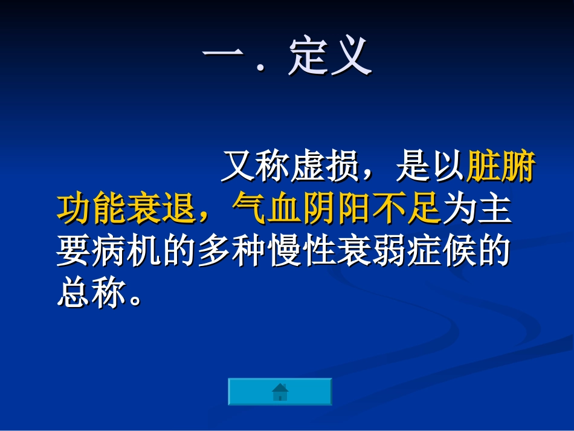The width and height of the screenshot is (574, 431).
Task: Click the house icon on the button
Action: pos(280,392)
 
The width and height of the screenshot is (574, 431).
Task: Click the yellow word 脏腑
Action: pos(501,166)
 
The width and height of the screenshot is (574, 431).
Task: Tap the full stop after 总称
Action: pos(137,300)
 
